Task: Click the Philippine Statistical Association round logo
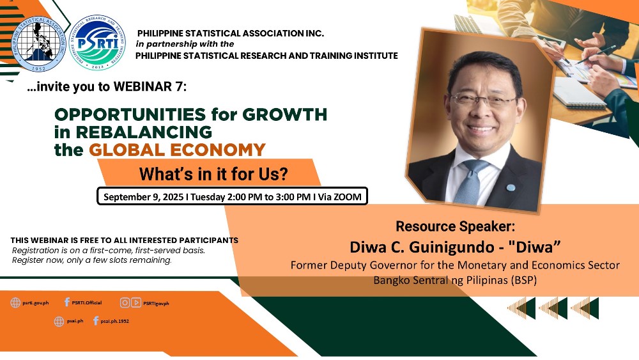(39, 44)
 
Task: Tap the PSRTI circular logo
(98, 43)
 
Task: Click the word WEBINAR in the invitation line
(142, 86)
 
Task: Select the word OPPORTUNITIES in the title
(130, 114)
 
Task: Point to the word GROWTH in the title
(285, 114)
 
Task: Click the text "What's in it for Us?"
(213, 174)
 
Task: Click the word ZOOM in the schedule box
(347, 197)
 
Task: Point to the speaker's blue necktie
(471, 182)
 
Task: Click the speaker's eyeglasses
(484, 100)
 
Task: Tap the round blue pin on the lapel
(511, 187)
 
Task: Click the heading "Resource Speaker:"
(455, 226)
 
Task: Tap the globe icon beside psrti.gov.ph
(15, 302)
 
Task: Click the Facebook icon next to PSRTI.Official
(67, 302)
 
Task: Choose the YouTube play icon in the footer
(136, 302)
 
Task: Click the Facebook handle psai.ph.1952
(115, 321)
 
